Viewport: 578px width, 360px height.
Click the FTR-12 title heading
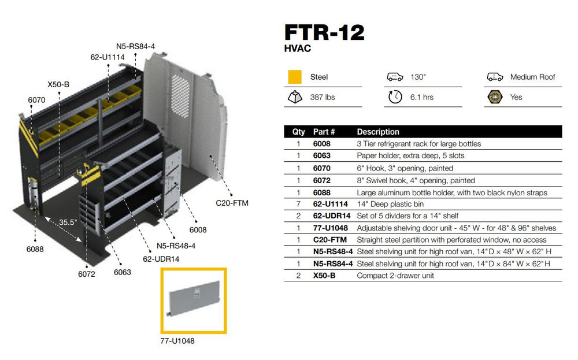pyautogui.click(x=324, y=32)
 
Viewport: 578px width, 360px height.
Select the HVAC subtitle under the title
pyautogui.click(x=298, y=49)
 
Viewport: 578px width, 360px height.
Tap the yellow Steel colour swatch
pyautogui.click(x=295, y=77)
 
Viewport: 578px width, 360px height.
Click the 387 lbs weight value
pyautogui.click(x=323, y=97)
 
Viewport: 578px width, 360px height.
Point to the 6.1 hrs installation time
pyautogui.click(x=421, y=97)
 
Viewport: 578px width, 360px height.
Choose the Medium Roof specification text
pyautogui.click(x=532, y=77)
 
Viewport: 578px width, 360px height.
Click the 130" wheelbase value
pyautogui.click(x=418, y=77)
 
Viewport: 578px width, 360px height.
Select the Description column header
pyautogui.click(x=377, y=132)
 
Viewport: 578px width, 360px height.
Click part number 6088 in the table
pyautogui.click(x=321, y=192)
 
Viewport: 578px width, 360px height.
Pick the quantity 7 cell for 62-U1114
pyautogui.click(x=298, y=204)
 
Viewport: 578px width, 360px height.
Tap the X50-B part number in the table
pyautogui.click(x=324, y=276)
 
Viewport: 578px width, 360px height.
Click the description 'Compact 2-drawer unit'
pyautogui.click(x=395, y=276)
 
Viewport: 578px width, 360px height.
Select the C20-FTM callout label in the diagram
pyautogui.click(x=232, y=203)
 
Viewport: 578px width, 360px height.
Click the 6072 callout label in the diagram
pyautogui.click(x=86, y=274)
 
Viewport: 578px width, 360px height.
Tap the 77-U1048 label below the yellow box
pyautogui.click(x=178, y=341)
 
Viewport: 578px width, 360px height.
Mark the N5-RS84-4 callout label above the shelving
pyautogui.click(x=135, y=46)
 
